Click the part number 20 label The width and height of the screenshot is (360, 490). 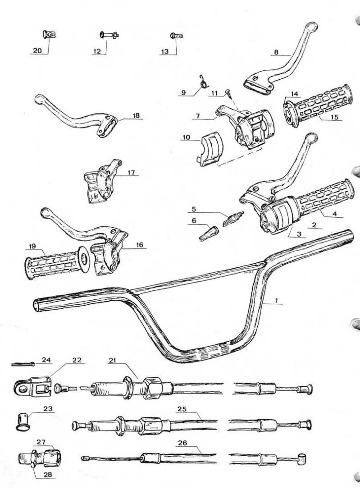(37, 50)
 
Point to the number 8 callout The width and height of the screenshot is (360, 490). (276, 52)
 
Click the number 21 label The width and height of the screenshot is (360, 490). (112, 360)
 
